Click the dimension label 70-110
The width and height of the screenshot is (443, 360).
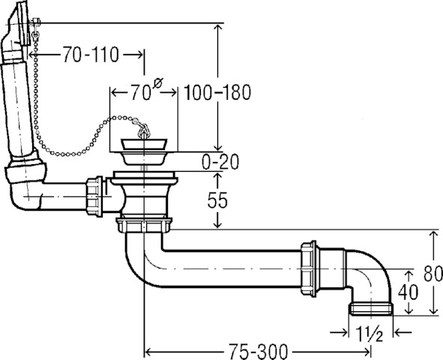[91, 55]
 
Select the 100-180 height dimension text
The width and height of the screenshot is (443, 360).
[217, 92]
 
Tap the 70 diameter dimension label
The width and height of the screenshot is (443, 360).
[140, 92]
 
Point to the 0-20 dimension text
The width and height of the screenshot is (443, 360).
[220, 162]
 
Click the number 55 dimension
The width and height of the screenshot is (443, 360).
[217, 200]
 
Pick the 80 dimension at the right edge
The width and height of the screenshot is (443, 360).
[433, 273]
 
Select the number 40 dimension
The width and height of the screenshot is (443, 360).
[408, 292]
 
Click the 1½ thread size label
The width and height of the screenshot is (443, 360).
[370, 334]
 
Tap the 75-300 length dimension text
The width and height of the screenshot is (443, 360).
[258, 352]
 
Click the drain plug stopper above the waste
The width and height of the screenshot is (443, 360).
[144, 144]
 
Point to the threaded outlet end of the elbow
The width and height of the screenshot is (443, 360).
[371, 309]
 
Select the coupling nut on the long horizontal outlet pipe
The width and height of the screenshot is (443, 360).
[309, 268]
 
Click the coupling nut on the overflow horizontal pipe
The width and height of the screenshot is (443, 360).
[94, 196]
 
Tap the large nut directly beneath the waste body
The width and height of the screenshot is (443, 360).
[144, 225]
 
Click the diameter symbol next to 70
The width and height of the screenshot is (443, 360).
[158, 84]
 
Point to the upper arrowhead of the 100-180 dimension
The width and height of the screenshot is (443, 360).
[217, 28]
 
